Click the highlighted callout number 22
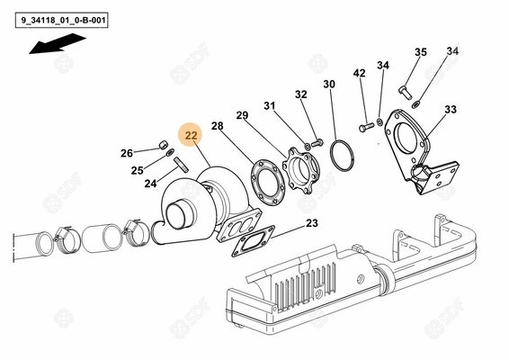(x=191, y=136)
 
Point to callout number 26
(x=126, y=152)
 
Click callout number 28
(x=218, y=126)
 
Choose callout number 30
(x=329, y=84)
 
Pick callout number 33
(x=450, y=109)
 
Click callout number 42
(x=359, y=73)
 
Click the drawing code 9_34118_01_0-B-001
(x=57, y=15)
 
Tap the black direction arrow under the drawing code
(x=57, y=43)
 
